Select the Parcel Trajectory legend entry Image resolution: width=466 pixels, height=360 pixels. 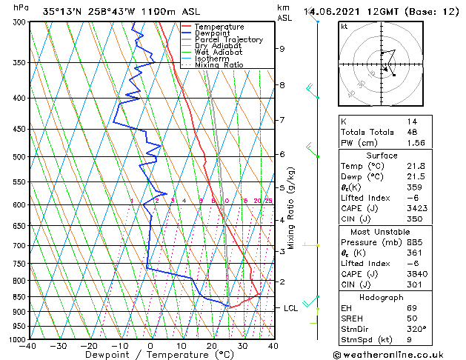click(228, 40)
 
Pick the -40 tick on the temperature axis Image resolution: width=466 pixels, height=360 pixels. click(28, 346)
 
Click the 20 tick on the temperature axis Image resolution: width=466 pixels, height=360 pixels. click(212, 346)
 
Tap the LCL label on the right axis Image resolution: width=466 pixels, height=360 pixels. click(291, 307)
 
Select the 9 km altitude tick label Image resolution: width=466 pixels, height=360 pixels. click(282, 49)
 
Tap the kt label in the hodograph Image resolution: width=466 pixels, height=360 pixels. click(344, 27)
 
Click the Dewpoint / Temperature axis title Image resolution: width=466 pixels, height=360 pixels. click(150, 355)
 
